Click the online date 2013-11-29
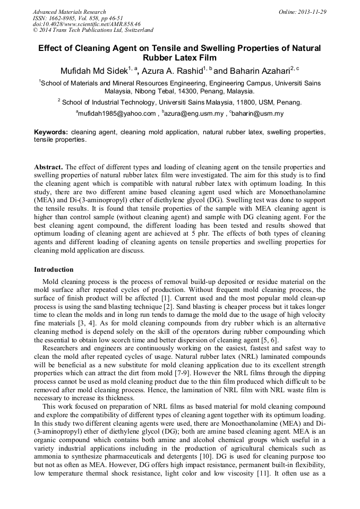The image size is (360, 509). pyautogui.click(x=312, y=12)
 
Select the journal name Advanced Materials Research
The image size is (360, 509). pyautogui.click(x=70, y=12)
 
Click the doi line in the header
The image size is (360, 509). pyautogui.click(x=87, y=24)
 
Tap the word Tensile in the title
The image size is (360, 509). pyautogui.click(x=185, y=48)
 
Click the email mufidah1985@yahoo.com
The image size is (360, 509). pyautogui.click(x=117, y=113)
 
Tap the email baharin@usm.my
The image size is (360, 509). pyautogui.click(x=258, y=113)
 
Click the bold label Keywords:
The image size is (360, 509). pyautogui.click(x=51, y=132)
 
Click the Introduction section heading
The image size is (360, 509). pyautogui.click(x=54, y=270)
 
